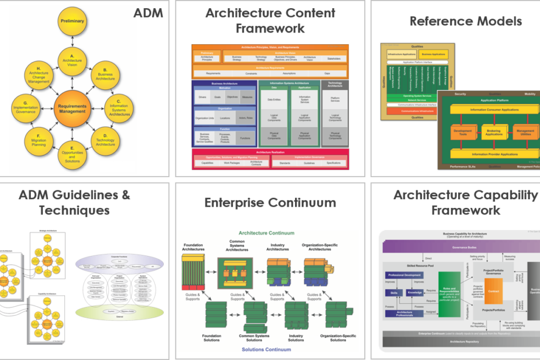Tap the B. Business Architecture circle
point(105,73)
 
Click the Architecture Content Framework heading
point(270,21)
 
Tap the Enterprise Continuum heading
point(270,202)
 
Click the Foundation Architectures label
point(193,248)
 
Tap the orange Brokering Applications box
point(487,133)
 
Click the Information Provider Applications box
point(487,154)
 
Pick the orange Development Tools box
point(462,133)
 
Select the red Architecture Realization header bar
point(270,152)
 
